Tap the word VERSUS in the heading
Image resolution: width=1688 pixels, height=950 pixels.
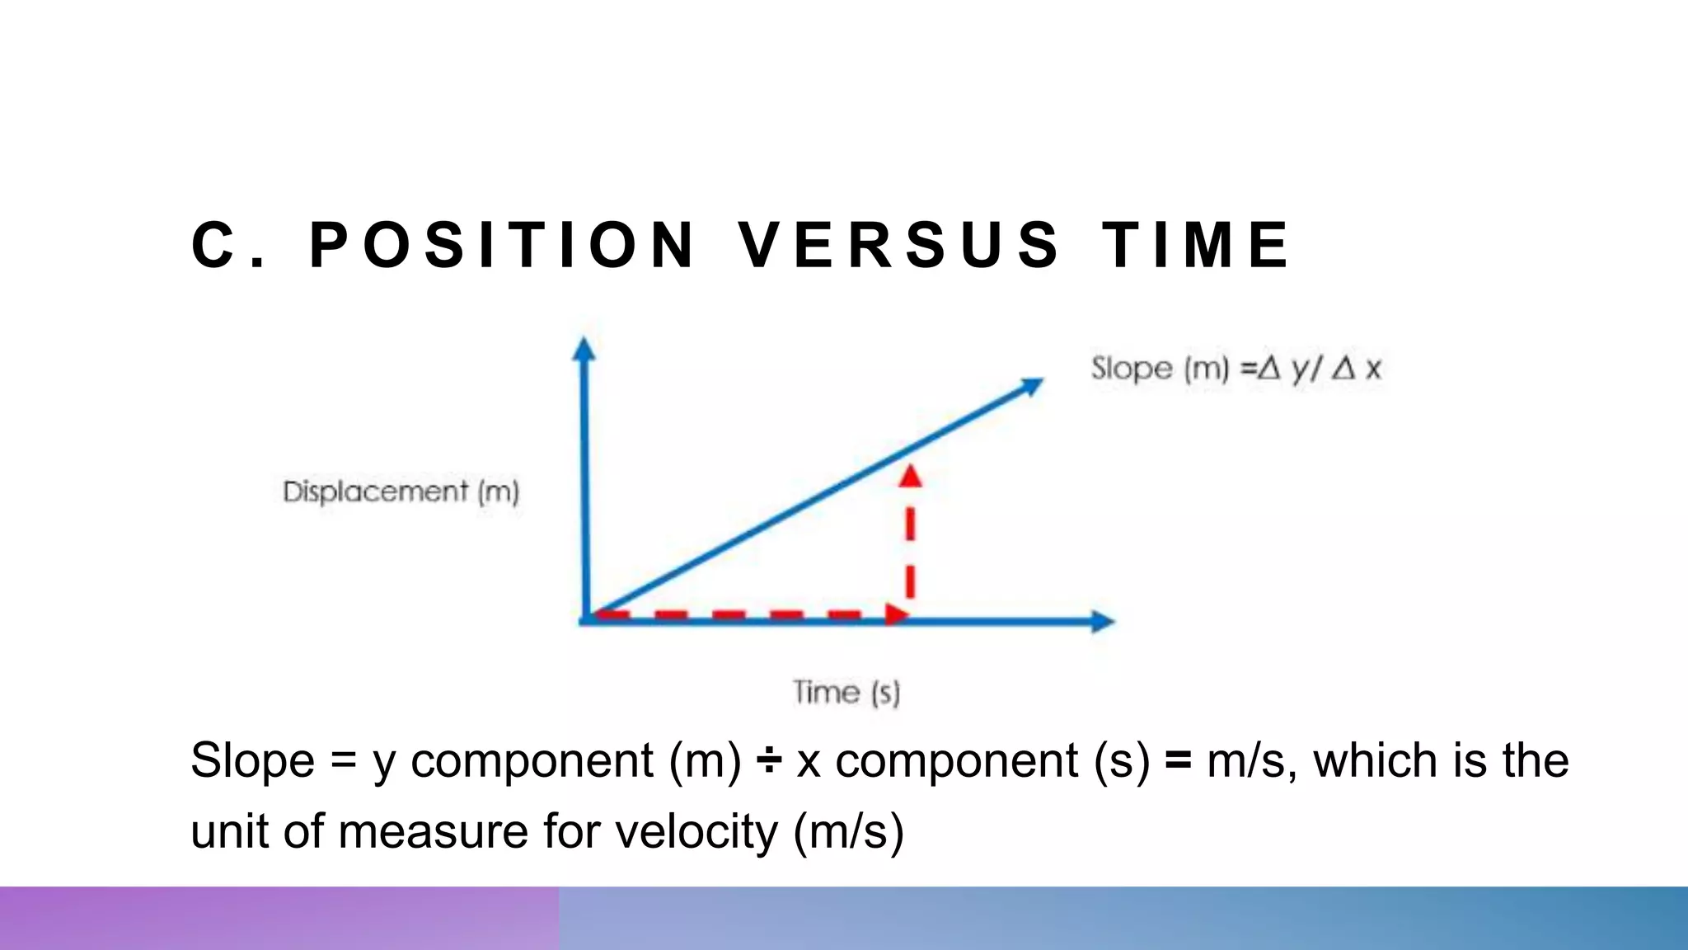pos(898,245)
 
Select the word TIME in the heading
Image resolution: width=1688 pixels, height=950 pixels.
pos(1196,245)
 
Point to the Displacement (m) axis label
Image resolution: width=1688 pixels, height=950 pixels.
pos(401,492)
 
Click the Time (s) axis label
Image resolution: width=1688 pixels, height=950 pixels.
pos(846,692)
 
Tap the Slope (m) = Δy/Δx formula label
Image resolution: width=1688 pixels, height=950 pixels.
pos(1235,369)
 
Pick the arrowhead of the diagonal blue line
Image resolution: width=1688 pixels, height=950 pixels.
pos(1031,385)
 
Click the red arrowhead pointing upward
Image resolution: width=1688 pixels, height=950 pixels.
pos(910,476)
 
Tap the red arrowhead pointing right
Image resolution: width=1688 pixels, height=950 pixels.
pos(897,614)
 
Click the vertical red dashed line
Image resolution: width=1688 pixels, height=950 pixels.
pos(910,548)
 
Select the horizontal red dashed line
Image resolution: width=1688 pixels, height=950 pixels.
pos(742,614)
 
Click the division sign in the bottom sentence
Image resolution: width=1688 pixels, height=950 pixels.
pos(768,760)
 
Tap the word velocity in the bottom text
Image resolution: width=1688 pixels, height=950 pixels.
pos(696,830)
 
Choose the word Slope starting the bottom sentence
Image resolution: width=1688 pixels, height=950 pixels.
pos(252,760)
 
